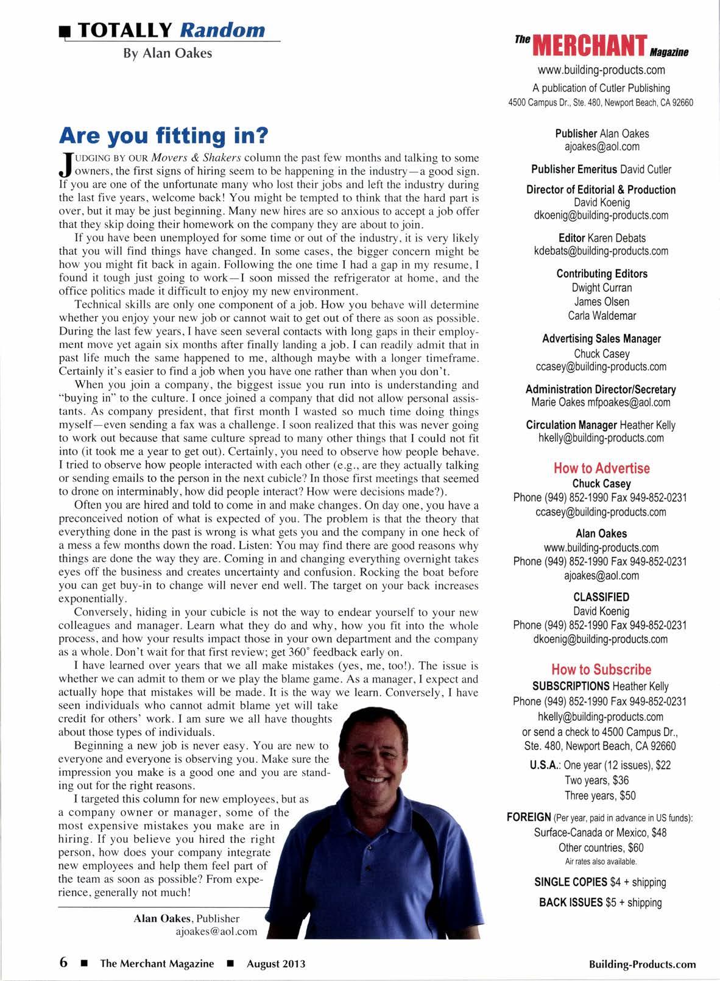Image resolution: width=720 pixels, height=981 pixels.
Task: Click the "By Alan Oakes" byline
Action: click(x=168, y=53)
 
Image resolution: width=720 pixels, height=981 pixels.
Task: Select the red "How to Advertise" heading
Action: click(x=601, y=468)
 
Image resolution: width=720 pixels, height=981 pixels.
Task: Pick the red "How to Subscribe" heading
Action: click(x=601, y=670)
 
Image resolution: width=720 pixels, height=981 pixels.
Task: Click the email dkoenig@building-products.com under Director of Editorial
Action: click(x=601, y=215)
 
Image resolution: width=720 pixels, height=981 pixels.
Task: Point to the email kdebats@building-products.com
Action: click(x=601, y=250)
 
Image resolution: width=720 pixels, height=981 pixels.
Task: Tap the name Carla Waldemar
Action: click(x=601, y=315)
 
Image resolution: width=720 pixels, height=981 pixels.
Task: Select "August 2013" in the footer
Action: click(x=276, y=963)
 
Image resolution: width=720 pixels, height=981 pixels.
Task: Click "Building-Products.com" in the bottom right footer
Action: click(x=642, y=963)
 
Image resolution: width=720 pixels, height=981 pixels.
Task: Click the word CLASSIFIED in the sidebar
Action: click(x=601, y=597)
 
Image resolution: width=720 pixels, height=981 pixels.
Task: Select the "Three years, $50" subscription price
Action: click(x=601, y=795)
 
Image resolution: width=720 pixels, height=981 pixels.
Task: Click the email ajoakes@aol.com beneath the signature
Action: click(x=216, y=932)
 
